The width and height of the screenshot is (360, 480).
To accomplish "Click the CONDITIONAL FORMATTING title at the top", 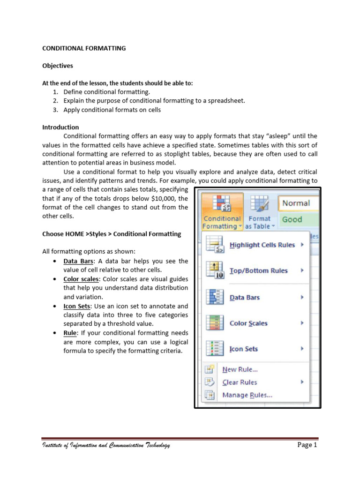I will (84, 48).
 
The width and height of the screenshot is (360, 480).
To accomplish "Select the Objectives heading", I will (58, 66).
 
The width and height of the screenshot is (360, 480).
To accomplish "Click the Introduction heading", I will (60, 127).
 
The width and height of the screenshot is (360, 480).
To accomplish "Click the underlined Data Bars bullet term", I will (77, 261).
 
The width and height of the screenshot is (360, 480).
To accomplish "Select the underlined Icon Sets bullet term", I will (77, 306).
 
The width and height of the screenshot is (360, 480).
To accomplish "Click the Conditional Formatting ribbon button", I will (222, 210).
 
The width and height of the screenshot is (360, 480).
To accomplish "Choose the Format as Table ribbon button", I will (259, 210).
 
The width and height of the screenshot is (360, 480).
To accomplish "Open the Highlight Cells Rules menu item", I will (262, 245).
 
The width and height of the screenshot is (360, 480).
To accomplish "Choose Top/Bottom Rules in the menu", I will (258, 270).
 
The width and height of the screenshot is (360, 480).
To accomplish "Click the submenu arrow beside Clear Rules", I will (302, 382).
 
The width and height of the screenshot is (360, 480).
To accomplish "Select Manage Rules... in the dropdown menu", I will (247, 395).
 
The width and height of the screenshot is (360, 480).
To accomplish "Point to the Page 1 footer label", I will (307, 445).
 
